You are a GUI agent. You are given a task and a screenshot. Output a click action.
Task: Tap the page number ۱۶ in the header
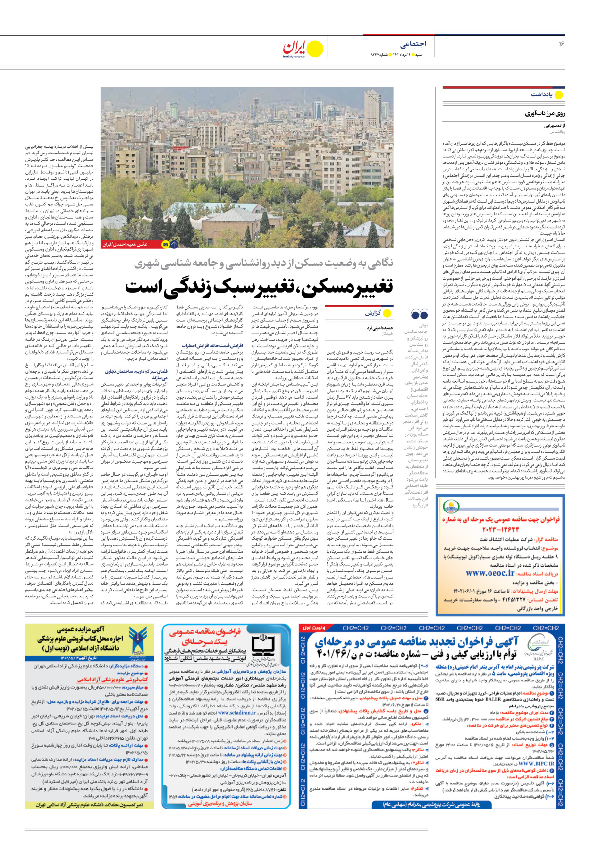[x=562, y=44]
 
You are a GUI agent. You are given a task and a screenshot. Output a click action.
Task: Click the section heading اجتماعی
[x=413, y=44]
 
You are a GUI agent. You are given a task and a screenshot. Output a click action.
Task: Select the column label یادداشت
[x=541, y=94]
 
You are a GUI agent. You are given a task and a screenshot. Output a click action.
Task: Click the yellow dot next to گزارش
[x=388, y=313]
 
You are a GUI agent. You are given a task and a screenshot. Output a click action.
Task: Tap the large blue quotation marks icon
[x=419, y=315]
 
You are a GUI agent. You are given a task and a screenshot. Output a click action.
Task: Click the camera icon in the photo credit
[x=165, y=244]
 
